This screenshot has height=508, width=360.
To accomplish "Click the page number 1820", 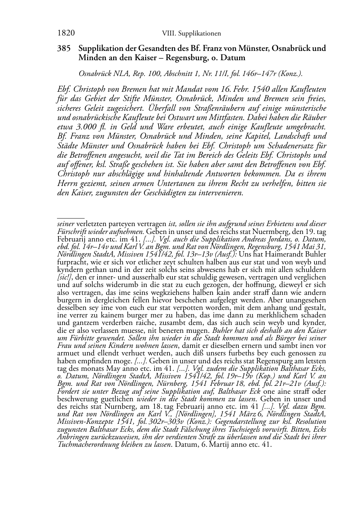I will click(66, 33).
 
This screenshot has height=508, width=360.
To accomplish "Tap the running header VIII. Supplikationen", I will click(191, 34).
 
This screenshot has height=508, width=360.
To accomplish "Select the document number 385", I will click(63, 48).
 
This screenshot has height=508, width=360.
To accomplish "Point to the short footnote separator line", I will click(71, 217).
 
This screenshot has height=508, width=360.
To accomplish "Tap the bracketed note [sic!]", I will click(66, 277).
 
